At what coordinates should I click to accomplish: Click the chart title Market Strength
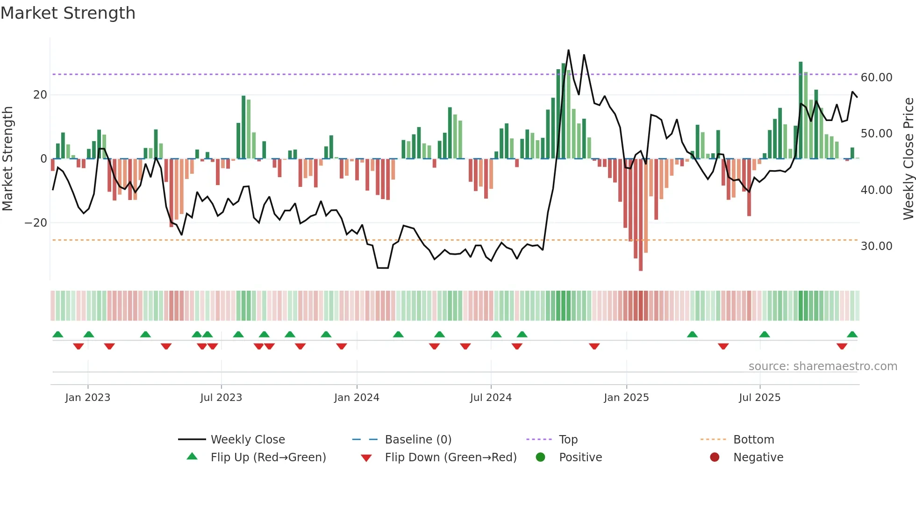pyautogui.click(x=68, y=13)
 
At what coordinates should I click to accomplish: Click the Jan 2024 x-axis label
pyautogui.click(x=357, y=398)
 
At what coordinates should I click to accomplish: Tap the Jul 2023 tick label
pyautogui.click(x=221, y=398)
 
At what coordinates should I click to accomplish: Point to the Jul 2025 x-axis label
pyautogui.click(x=759, y=398)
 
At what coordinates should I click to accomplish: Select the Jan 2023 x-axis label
pyautogui.click(x=88, y=398)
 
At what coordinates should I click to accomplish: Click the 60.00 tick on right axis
pyautogui.click(x=876, y=78)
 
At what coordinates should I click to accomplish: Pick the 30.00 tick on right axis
pyautogui.click(x=876, y=246)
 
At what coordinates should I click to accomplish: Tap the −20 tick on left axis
pyautogui.click(x=36, y=223)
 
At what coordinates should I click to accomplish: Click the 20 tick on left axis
pyautogui.click(x=40, y=95)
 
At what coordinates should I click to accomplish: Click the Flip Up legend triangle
pyautogui.click(x=192, y=457)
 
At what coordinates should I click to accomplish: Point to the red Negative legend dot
pyautogui.click(x=715, y=457)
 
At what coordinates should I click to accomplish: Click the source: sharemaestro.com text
pyautogui.click(x=823, y=366)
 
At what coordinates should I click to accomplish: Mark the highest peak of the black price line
pyautogui.click(x=568, y=50)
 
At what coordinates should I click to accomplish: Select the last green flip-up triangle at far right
pyautogui.click(x=852, y=335)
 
